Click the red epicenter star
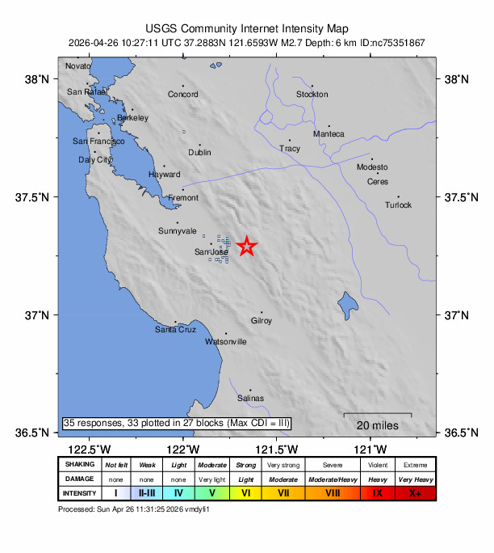point(246,247)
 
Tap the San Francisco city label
point(98,141)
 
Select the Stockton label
point(312,95)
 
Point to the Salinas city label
point(250,399)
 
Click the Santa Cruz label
point(175,330)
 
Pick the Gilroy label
point(262,321)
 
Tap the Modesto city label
point(373,167)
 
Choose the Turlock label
point(398,205)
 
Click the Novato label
point(78,66)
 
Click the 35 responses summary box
point(176,423)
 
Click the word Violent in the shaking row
point(377,465)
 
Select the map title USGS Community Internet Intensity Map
point(246,27)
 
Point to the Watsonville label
point(226,342)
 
